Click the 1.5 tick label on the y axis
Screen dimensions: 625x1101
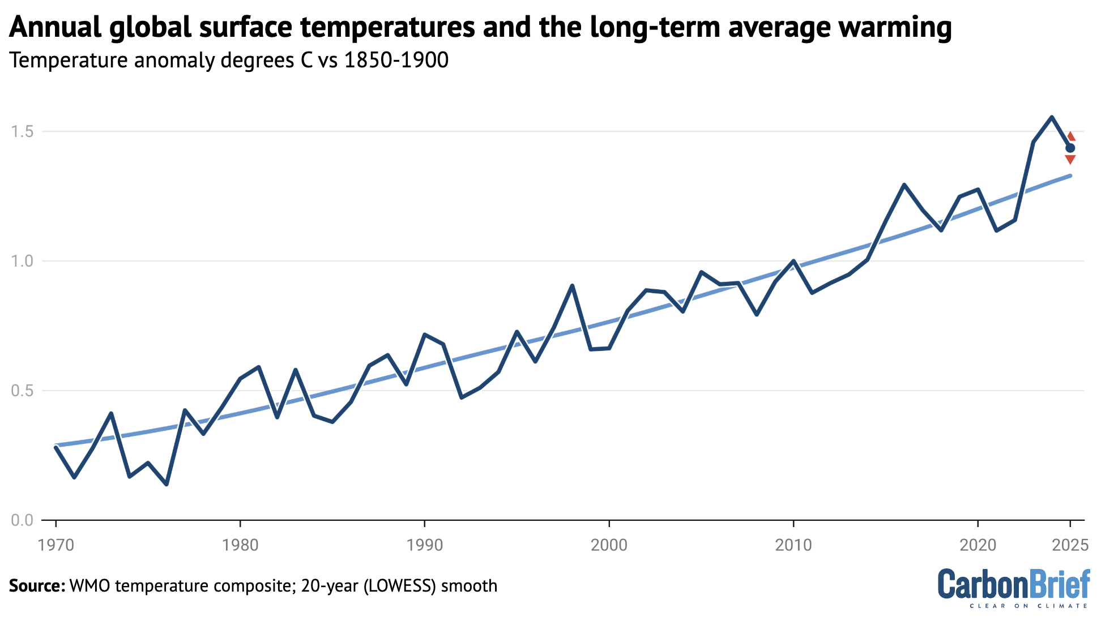point(22,132)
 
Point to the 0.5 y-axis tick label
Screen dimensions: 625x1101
point(22,391)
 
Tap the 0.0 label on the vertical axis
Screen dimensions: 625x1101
point(22,520)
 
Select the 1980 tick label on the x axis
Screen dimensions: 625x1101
point(240,545)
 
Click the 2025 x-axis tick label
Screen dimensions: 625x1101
point(1070,545)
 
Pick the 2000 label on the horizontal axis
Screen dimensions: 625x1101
point(609,545)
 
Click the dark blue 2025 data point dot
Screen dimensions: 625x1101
point(1070,148)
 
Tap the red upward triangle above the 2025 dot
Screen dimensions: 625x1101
point(1070,137)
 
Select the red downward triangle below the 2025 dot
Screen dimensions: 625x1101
point(1070,160)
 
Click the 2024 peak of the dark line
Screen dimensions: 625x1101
point(1052,117)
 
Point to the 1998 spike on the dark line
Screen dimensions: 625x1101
point(572,286)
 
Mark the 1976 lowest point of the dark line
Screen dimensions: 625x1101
point(167,484)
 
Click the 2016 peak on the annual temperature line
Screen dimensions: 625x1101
point(904,185)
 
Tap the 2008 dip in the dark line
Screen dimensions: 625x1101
point(757,314)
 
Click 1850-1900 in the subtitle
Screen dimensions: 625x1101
point(396,60)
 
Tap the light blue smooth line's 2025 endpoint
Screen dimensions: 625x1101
point(1070,175)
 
